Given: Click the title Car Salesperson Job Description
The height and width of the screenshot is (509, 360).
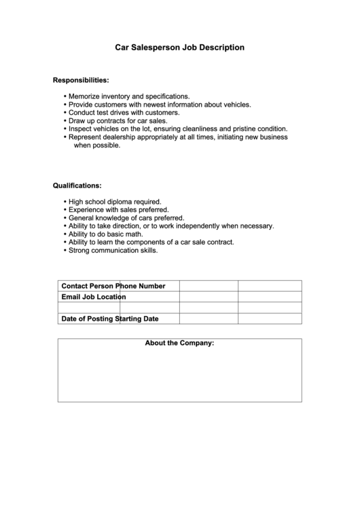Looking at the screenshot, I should click(179, 48).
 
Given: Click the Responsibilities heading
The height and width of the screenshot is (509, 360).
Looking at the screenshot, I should click(81, 80).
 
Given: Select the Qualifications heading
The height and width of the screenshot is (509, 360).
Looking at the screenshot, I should click(77, 185).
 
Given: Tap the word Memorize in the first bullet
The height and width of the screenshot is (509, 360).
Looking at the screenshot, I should click(86, 96).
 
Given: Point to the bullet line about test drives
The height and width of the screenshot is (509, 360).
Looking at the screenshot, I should click(124, 113).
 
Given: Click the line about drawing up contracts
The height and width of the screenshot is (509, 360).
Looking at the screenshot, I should click(118, 121).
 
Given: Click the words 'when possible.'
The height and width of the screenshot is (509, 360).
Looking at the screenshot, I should click(96, 145).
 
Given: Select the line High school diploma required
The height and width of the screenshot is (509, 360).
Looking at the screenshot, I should click(115, 202).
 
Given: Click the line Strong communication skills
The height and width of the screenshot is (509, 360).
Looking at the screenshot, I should click(113, 250).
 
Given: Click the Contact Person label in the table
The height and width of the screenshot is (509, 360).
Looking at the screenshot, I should click(88, 286).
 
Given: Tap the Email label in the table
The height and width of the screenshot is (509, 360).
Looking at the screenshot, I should click(71, 297).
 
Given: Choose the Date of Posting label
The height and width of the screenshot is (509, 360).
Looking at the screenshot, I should click(88, 318).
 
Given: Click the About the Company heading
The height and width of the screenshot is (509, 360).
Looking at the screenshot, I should click(179, 343).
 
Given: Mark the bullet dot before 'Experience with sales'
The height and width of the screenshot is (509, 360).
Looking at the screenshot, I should click(65, 210).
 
